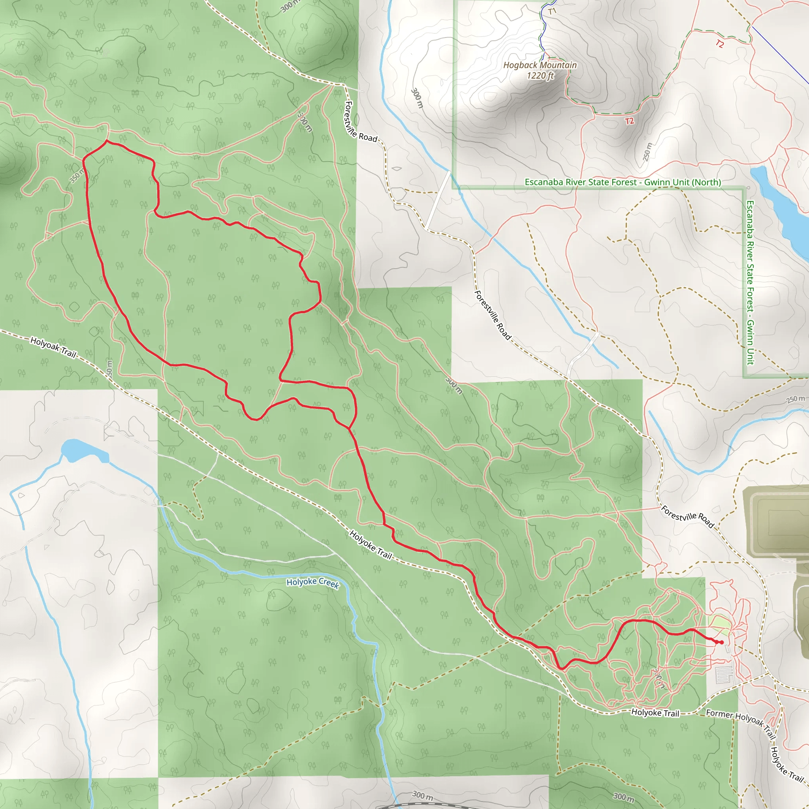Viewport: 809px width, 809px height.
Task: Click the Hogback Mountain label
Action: (x=540, y=65)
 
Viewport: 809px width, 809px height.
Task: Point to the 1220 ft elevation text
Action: (x=540, y=76)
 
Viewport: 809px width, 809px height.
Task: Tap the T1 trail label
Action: (x=552, y=11)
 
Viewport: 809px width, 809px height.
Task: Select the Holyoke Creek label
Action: (x=312, y=583)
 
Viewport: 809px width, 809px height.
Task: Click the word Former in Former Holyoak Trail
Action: (x=719, y=713)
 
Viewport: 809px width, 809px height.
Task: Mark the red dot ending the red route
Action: (x=721, y=642)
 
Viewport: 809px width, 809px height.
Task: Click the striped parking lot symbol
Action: (x=724, y=675)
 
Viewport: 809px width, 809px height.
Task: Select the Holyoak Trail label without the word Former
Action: (x=53, y=347)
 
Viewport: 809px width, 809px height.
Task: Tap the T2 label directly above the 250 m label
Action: (x=629, y=121)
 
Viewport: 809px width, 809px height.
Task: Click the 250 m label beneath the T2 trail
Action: (x=647, y=152)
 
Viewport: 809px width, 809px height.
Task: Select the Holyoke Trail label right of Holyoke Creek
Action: (x=371, y=545)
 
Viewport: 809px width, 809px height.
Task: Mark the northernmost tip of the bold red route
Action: (x=107, y=141)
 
